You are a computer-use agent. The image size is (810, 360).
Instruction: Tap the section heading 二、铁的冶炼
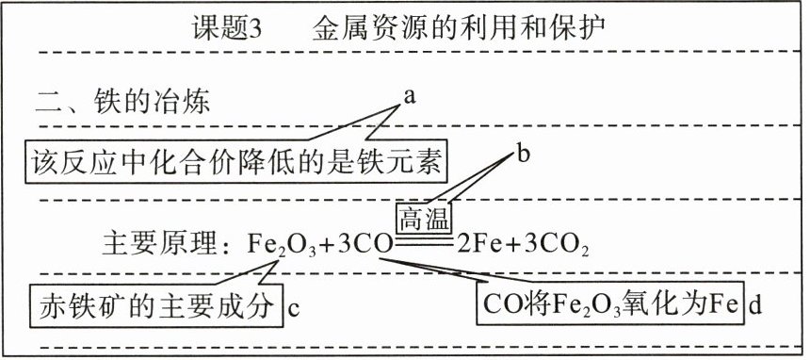coord(123,102)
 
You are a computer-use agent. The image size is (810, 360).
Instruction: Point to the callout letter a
coord(410,96)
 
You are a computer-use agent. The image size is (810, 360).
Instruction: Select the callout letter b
coord(524,155)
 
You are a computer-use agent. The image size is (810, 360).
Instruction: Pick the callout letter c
coord(294,309)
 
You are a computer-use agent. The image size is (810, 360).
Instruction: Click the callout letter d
coord(754,305)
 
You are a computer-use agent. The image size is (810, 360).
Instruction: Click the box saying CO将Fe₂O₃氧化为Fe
coord(609,303)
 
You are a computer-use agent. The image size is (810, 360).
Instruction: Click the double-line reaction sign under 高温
coord(424,241)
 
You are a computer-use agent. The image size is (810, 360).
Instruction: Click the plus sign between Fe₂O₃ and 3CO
coord(326,245)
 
